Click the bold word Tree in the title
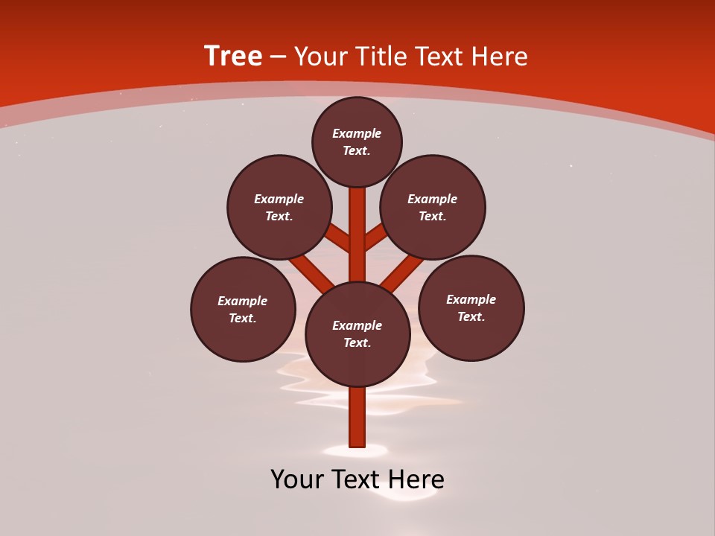click(x=233, y=57)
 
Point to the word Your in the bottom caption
click(x=298, y=479)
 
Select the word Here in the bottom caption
click(x=416, y=479)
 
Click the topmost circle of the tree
click(x=357, y=141)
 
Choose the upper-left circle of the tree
click(x=279, y=207)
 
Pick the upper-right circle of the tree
click(x=433, y=207)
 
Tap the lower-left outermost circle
click(x=243, y=309)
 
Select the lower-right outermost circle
click(x=471, y=307)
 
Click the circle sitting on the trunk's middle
click(x=357, y=334)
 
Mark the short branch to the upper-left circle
click(x=338, y=238)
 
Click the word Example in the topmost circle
click(x=357, y=133)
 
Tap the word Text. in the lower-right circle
click(x=471, y=316)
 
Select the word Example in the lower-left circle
click(x=243, y=301)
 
